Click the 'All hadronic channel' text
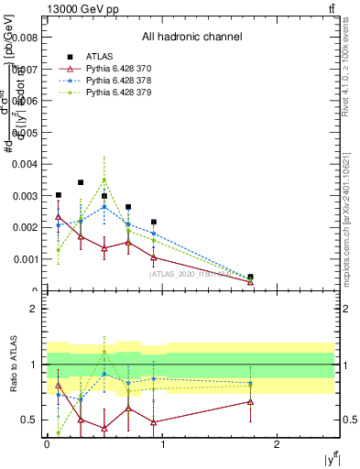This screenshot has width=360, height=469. point(191,37)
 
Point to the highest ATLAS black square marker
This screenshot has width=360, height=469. point(82,182)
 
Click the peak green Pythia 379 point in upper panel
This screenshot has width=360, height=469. point(104,180)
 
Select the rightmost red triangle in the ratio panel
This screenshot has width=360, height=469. point(251,401)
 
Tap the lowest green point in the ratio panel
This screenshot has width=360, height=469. point(59,432)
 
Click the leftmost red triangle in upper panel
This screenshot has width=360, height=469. point(59,217)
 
